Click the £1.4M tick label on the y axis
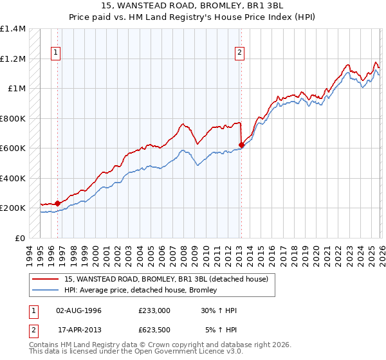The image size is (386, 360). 13,29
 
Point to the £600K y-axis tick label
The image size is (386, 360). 13,148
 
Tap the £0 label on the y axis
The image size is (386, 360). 20,238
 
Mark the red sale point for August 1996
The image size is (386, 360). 57,203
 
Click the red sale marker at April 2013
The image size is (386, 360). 241,145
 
